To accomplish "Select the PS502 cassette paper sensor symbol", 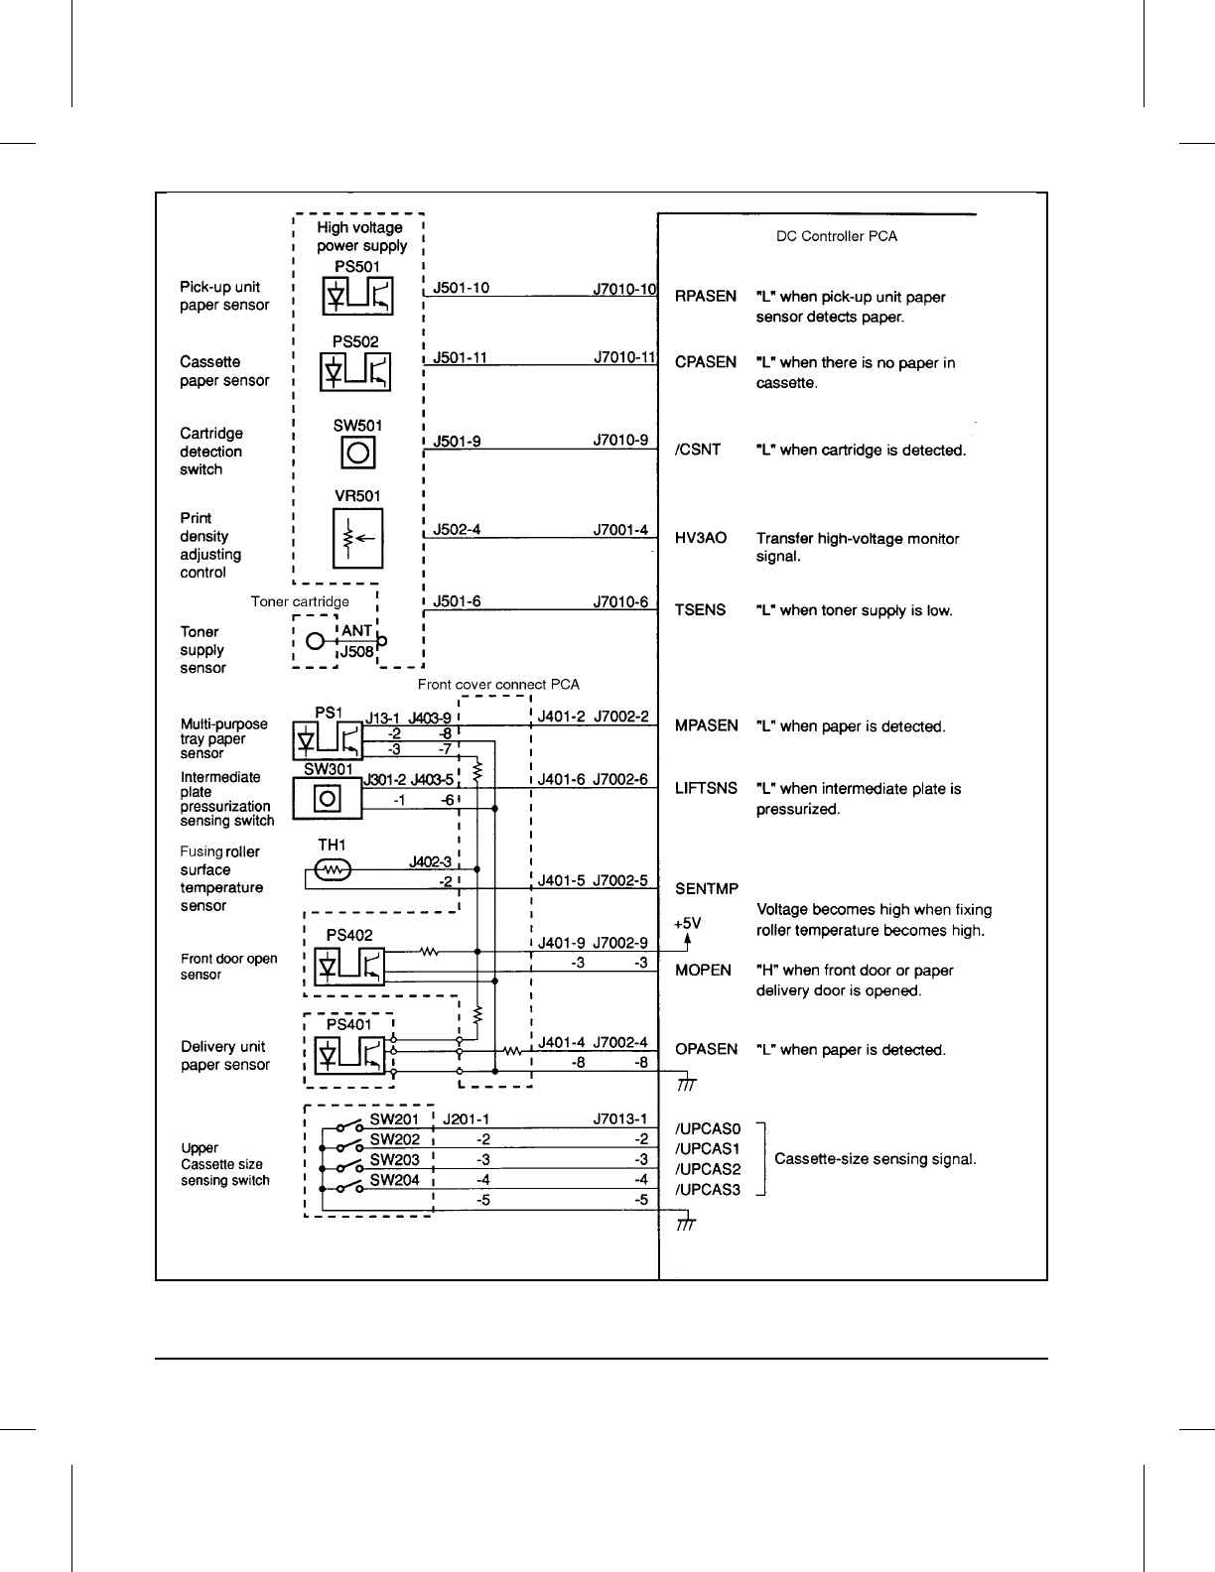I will (356, 371).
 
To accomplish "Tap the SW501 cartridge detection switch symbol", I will (358, 454).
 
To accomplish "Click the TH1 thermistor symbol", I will (332, 869).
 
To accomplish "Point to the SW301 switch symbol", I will (328, 798).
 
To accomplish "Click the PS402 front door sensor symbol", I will (348, 965).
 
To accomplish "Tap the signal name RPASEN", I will (706, 296).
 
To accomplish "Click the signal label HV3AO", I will (701, 538).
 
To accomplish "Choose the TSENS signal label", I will (700, 609).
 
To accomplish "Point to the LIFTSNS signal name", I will (706, 788).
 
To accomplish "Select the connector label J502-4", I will (457, 529).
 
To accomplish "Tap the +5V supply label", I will (687, 923).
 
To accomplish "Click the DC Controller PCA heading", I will (836, 236).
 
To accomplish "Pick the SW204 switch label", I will (395, 1180).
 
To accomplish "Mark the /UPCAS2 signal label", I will (708, 1169).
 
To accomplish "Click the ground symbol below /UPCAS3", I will (685, 1225).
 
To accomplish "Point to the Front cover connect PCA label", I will (498, 684).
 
